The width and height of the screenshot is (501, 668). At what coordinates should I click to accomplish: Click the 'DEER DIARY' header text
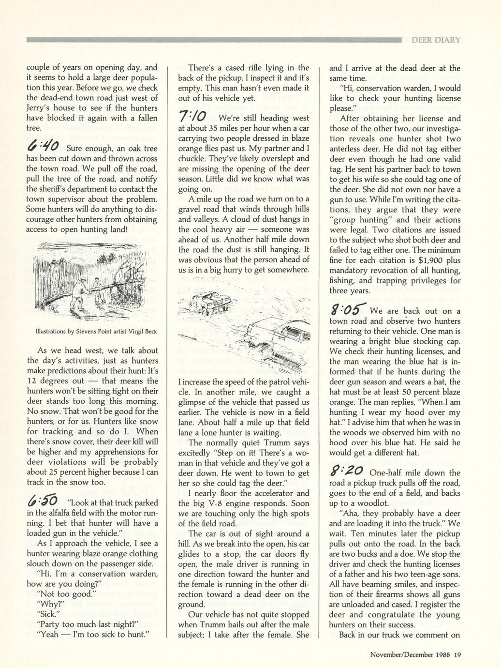click(436, 40)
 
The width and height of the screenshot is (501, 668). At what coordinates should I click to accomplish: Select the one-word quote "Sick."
click(48, 614)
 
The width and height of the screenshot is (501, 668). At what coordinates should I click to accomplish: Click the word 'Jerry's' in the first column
click(38, 108)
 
